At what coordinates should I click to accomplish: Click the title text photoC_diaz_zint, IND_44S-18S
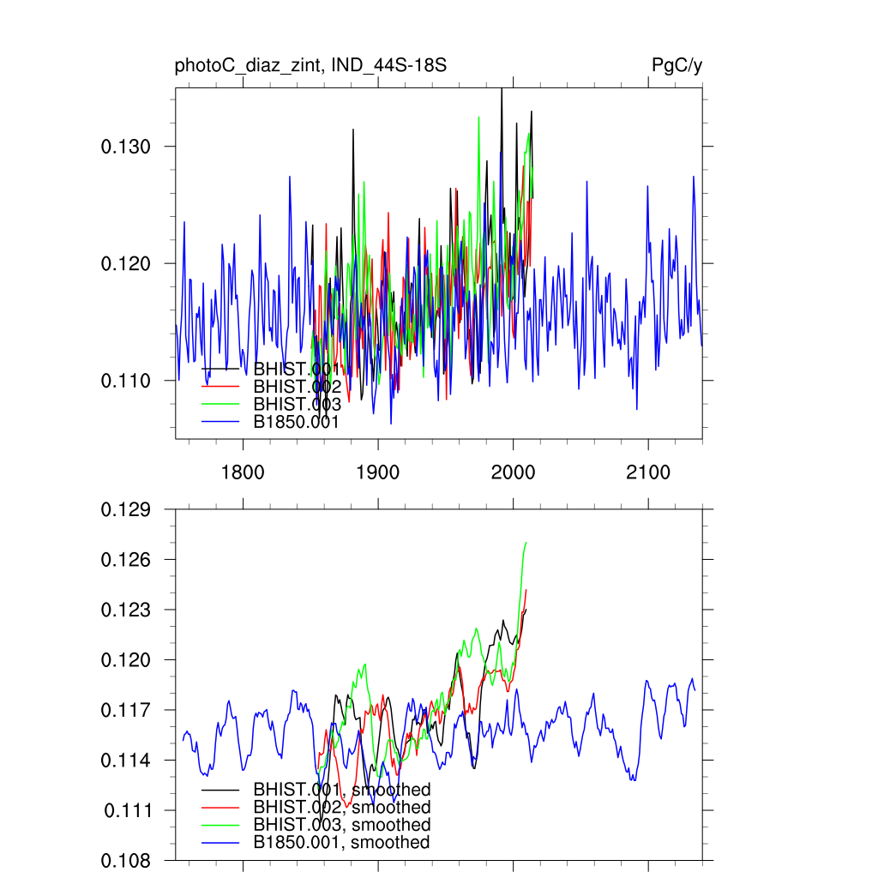[310, 66]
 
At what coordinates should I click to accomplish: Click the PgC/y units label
[677, 66]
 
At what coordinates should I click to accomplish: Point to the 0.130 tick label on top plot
[126, 147]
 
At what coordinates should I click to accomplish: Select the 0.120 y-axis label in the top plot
[126, 263]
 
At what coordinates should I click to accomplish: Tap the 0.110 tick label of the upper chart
[126, 381]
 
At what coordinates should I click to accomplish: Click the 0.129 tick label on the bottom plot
[126, 510]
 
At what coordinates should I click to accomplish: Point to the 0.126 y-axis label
[126, 560]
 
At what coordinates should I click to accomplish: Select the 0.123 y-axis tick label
[126, 610]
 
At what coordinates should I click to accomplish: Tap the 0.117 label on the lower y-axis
[126, 711]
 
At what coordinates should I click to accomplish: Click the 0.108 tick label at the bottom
[126, 860]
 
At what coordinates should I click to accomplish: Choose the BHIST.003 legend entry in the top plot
[298, 405]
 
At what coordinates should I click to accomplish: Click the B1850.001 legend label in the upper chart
[297, 422]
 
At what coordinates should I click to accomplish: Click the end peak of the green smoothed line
[526, 543]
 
